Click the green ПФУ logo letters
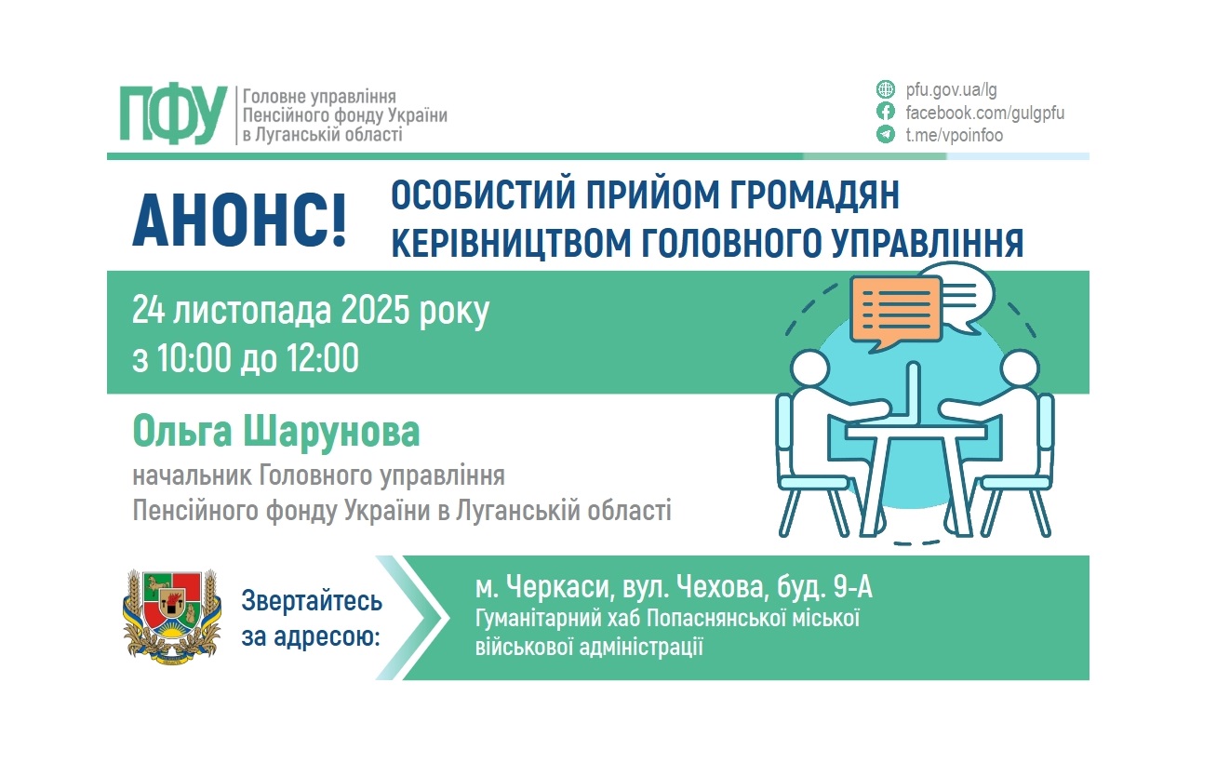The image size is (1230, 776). click(173, 114)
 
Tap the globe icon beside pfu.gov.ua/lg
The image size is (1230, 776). click(886, 90)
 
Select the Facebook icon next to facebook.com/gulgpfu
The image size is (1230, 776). click(886, 113)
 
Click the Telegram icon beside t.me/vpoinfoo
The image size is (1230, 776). click(886, 135)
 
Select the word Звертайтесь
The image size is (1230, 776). click(312, 600)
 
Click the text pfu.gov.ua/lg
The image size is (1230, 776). click(951, 90)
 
